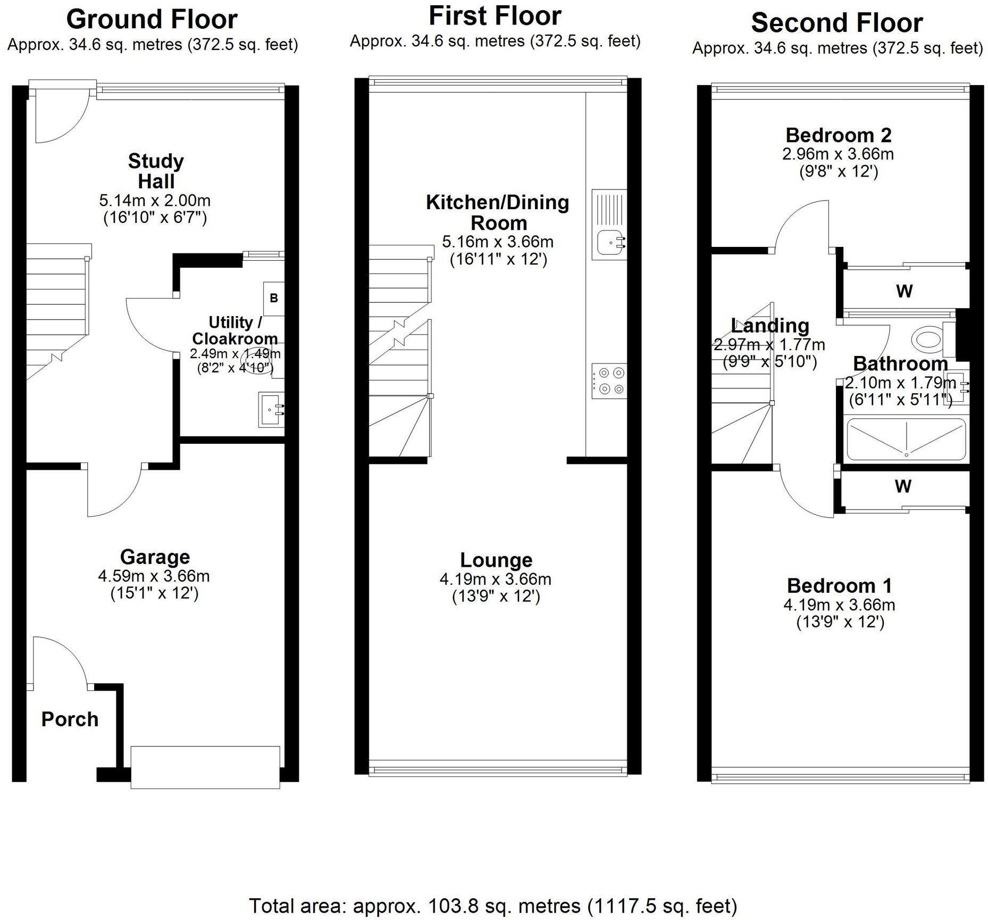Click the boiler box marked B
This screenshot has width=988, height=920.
coord(274,298)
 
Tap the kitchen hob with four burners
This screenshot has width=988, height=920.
coord(609,381)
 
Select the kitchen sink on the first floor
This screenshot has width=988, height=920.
coord(609,225)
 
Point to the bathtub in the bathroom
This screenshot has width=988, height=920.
coord(906,439)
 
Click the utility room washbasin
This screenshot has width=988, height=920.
coord(271,409)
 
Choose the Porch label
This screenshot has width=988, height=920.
coord(70,719)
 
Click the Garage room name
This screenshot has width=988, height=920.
coord(155,557)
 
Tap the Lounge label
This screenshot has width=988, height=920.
coord(496,560)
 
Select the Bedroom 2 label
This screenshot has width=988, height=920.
coord(838,135)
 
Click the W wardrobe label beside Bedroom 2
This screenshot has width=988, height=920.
coord(905,291)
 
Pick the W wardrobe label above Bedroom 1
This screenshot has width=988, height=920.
coord(903,486)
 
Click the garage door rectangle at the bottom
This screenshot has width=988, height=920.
coord(205,767)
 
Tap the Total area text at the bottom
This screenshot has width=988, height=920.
coord(493,905)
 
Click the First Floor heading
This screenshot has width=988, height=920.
coord(495,15)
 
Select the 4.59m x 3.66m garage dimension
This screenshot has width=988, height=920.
coord(154,576)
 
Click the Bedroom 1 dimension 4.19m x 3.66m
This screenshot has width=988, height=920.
coord(839,604)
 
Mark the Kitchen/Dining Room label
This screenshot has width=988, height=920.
coord(498,212)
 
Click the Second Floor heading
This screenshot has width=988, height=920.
coord(837,23)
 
